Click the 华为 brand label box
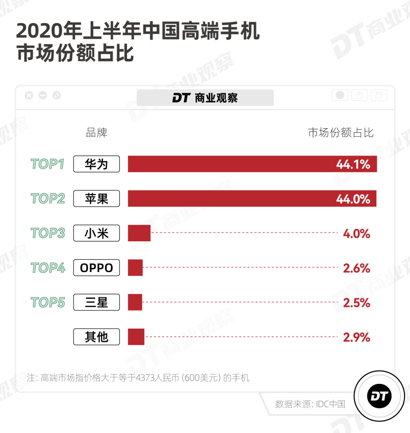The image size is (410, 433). coord(96,164)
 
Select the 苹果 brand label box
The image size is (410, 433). coord(96,199)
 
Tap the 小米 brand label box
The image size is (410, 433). coord(96,233)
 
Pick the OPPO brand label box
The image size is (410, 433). coord(96,268)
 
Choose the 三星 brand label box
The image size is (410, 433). coord(96,302)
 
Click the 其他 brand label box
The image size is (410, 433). coord(96,337)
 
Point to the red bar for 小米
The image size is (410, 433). coord(139,233)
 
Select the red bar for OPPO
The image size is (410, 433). coord(135,268)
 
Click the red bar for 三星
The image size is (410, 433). coord(135,302)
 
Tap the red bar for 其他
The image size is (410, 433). coord(136,337)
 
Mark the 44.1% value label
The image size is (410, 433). coord(353,165)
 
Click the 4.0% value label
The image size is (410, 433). coord(357,234)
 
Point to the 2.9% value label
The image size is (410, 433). coord(357,338)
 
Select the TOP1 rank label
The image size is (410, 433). coord(48,164)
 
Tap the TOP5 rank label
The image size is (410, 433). coord(48,302)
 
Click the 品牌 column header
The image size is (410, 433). coord(96,133)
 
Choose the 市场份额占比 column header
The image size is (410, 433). coord(341,133)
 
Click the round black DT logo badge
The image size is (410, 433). coord(379,396)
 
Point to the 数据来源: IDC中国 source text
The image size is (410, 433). coord(310,404)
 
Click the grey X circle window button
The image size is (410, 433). coord(29,95)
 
